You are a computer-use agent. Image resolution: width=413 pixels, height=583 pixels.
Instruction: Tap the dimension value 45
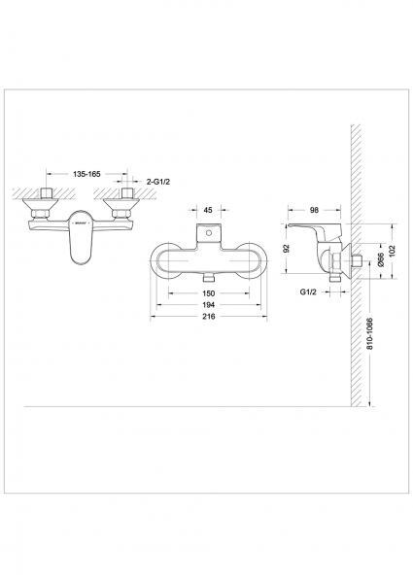click(x=209, y=208)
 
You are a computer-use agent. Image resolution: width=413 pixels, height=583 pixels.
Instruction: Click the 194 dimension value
click(x=209, y=304)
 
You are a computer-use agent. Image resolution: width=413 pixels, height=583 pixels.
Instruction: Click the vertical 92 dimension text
click(x=288, y=248)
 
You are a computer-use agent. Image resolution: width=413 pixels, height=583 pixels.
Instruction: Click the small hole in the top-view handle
click(x=209, y=236)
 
